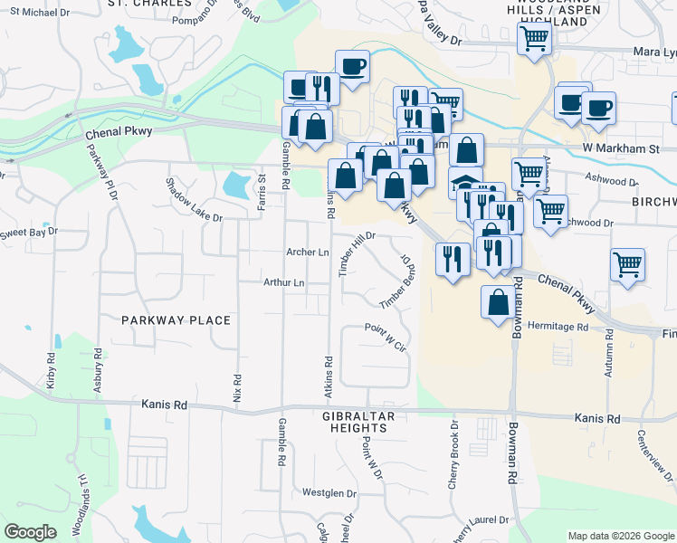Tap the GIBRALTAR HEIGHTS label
(359, 421)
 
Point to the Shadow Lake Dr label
(193, 200)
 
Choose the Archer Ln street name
(307, 252)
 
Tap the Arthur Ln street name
(283, 283)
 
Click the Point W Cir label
(386, 337)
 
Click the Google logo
(30, 532)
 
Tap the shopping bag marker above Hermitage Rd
(498, 302)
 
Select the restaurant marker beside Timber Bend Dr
(452, 260)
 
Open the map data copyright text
(621, 536)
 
